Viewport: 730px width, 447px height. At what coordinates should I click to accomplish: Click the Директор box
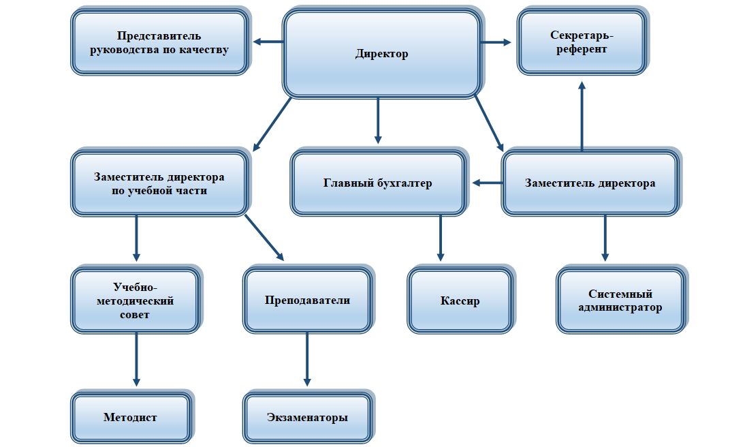pyautogui.click(x=382, y=54)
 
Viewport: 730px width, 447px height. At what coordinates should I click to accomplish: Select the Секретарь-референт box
pyautogui.click(x=582, y=42)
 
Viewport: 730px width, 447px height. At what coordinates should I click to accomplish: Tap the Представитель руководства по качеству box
pyautogui.click(x=159, y=42)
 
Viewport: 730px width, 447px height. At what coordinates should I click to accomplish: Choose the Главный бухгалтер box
pyautogui.click(x=378, y=183)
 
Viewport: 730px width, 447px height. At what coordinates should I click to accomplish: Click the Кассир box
pyautogui.click(x=460, y=300)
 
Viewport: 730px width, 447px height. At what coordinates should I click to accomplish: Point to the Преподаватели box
pyautogui.click(x=307, y=300)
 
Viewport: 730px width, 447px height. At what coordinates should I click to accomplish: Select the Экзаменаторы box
pyautogui.click(x=307, y=417)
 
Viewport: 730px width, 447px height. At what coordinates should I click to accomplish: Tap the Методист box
pyautogui.click(x=131, y=417)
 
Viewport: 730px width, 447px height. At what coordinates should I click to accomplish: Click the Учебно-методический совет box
pyautogui.click(x=136, y=300)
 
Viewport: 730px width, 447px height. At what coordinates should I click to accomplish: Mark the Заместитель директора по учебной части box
pyautogui.click(x=159, y=183)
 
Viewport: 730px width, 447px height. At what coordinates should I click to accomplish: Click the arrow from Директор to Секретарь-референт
pyautogui.click(x=495, y=42)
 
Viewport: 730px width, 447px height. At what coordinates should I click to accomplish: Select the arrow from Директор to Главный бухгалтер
pyautogui.click(x=377, y=120)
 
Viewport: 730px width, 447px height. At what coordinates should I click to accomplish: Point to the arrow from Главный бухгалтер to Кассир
pyautogui.click(x=440, y=237)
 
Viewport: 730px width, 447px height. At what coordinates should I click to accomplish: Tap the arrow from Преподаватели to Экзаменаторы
pyautogui.click(x=307, y=359)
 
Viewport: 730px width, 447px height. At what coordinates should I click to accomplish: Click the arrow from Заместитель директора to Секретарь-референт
pyautogui.click(x=582, y=117)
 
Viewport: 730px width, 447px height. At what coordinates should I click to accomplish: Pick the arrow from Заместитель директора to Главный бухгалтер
pyautogui.click(x=488, y=183)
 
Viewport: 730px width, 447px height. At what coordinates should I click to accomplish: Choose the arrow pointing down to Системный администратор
pyautogui.click(x=605, y=237)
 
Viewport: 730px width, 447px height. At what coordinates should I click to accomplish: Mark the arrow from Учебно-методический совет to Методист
pyautogui.click(x=136, y=359)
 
